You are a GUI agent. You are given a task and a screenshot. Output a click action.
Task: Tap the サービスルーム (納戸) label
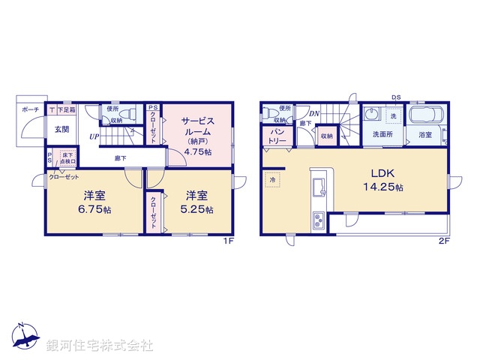tap(198, 135)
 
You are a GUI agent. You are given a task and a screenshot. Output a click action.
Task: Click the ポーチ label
tap(31, 109)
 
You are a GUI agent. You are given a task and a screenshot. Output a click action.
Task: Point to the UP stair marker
tap(93, 137)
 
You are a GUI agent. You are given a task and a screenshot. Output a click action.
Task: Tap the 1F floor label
tap(229, 241)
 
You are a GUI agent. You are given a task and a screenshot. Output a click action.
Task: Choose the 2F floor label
tap(443, 241)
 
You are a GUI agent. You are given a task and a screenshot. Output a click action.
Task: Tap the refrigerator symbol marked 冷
tap(272, 181)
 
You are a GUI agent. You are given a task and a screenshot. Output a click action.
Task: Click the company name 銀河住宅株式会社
tap(100, 346)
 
